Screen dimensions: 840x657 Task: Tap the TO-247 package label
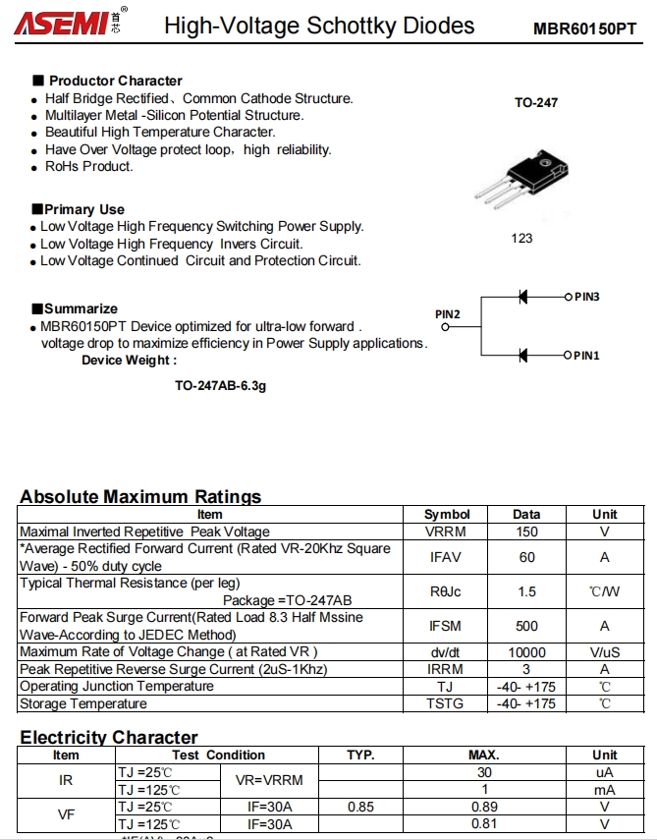(x=536, y=102)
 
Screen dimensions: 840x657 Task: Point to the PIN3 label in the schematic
(x=587, y=296)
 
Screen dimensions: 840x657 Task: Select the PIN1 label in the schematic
(x=587, y=356)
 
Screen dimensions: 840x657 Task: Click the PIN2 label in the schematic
(x=448, y=314)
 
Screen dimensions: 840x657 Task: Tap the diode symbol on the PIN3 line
(x=524, y=296)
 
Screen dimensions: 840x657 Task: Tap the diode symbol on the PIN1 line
(x=524, y=355)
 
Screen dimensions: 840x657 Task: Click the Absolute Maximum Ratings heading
(x=140, y=496)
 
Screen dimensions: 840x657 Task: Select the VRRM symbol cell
(x=446, y=532)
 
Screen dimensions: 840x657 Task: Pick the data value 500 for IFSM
(x=526, y=626)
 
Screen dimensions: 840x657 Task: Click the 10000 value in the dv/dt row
(x=526, y=652)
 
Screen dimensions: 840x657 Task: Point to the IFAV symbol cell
(x=446, y=557)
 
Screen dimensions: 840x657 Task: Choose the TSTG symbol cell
(x=446, y=703)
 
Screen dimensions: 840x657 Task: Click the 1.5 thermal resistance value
(x=526, y=591)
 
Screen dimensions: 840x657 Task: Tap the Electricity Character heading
(x=109, y=737)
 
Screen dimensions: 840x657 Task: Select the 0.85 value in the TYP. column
(x=360, y=807)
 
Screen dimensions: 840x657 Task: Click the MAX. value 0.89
(x=484, y=807)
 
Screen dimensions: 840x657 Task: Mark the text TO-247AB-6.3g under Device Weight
(x=220, y=386)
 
